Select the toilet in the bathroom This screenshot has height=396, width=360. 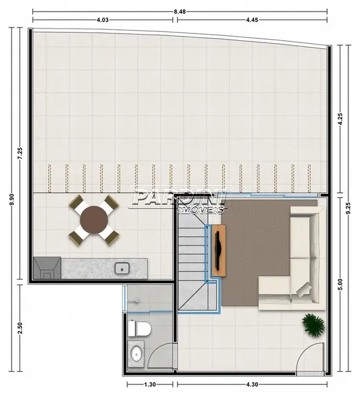coord(141,330)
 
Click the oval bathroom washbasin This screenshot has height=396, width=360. coord(136,353)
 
